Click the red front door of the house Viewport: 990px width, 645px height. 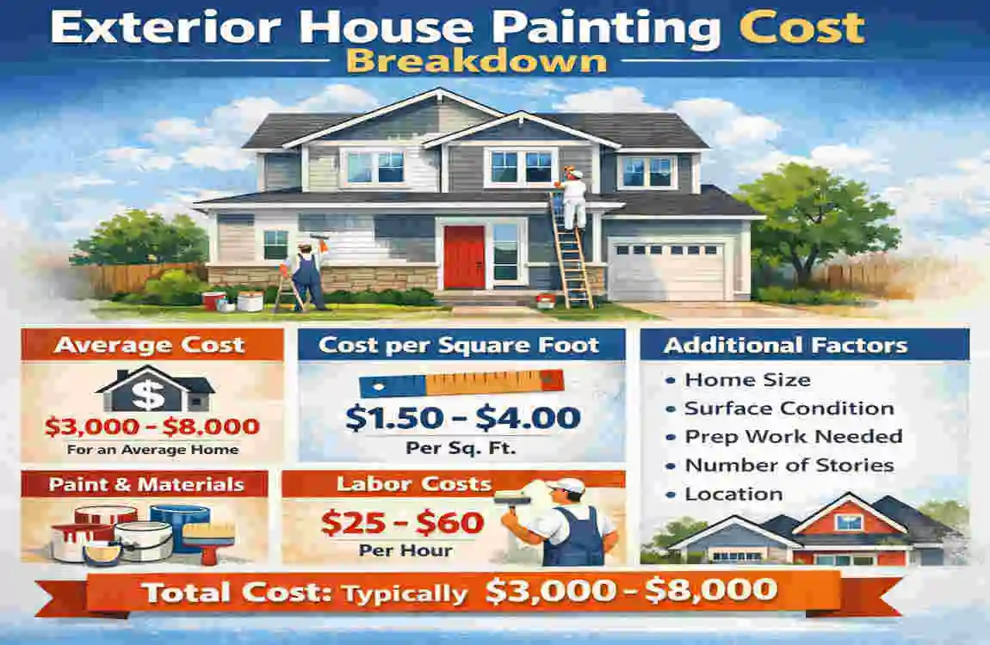point(465,256)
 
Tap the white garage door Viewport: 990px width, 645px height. point(667,269)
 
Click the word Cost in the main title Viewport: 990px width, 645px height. point(801,28)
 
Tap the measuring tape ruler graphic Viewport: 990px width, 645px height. point(461,382)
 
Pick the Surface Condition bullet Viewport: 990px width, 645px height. point(789,408)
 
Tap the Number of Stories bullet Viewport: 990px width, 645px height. point(789,465)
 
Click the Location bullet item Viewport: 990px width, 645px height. point(733,494)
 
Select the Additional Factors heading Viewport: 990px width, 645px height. point(785,346)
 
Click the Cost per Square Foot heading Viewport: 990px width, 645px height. point(459,346)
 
